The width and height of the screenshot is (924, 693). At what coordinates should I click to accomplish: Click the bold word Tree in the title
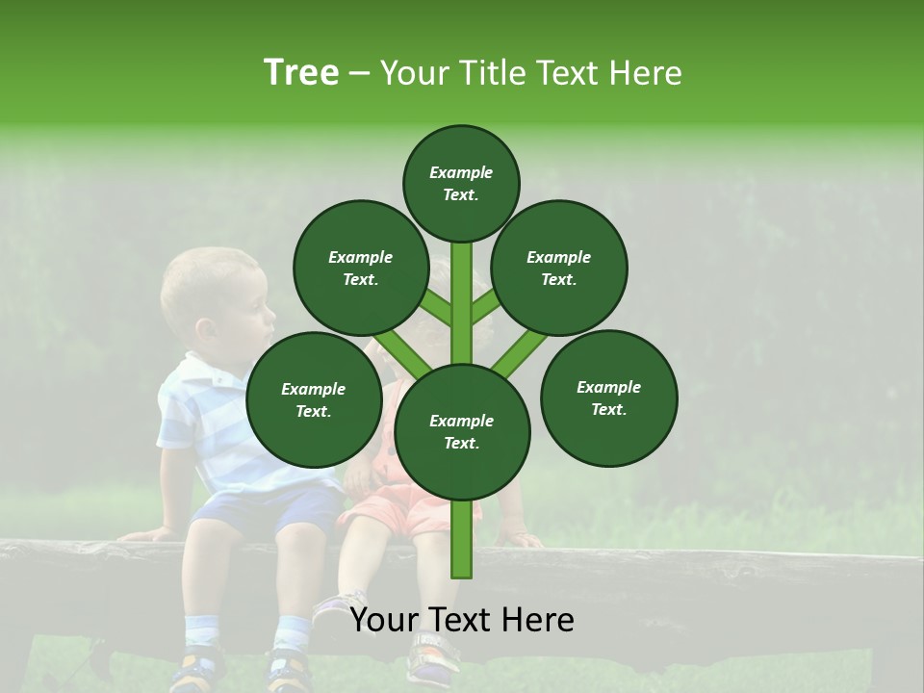[x=301, y=73]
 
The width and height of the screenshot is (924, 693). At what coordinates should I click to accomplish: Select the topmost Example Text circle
[x=461, y=183]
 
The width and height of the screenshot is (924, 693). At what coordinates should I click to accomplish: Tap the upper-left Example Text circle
[x=360, y=268]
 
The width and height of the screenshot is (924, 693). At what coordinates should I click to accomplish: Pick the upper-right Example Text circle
[x=559, y=268]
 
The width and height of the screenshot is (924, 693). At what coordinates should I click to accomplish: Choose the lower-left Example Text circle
[x=314, y=399]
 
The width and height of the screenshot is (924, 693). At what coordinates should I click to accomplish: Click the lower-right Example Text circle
[x=608, y=398]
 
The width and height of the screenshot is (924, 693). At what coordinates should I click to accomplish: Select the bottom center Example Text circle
[x=462, y=431]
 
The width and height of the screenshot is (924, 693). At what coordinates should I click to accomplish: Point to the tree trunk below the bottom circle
[x=462, y=539]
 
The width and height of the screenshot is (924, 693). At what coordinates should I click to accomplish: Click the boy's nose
[x=272, y=311]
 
